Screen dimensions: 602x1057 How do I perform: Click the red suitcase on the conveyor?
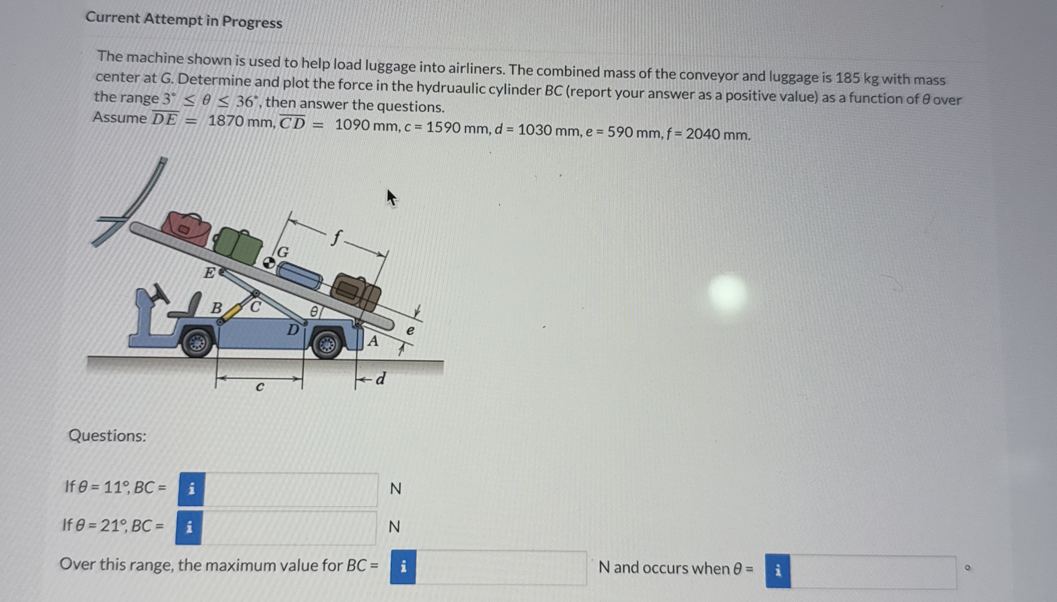(x=187, y=228)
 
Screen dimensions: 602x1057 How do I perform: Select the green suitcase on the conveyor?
(x=238, y=245)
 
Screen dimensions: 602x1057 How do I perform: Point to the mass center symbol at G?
(x=269, y=263)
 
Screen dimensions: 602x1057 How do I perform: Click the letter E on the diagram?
(x=209, y=272)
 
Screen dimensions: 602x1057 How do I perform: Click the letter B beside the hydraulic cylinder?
(x=217, y=308)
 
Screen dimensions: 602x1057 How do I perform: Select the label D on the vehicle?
(x=293, y=330)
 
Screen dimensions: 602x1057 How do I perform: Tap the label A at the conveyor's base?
(x=374, y=341)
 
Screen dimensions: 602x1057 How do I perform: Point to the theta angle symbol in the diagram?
(x=314, y=312)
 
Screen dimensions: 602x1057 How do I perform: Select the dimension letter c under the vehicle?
(x=259, y=387)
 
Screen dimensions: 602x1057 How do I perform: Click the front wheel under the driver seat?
(x=197, y=342)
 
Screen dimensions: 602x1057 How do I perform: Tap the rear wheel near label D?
(x=327, y=344)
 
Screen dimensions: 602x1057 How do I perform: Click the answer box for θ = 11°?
(x=291, y=489)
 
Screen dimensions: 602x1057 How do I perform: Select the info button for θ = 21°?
(x=189, y=527)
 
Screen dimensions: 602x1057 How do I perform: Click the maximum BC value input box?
(x=500, y=568)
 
